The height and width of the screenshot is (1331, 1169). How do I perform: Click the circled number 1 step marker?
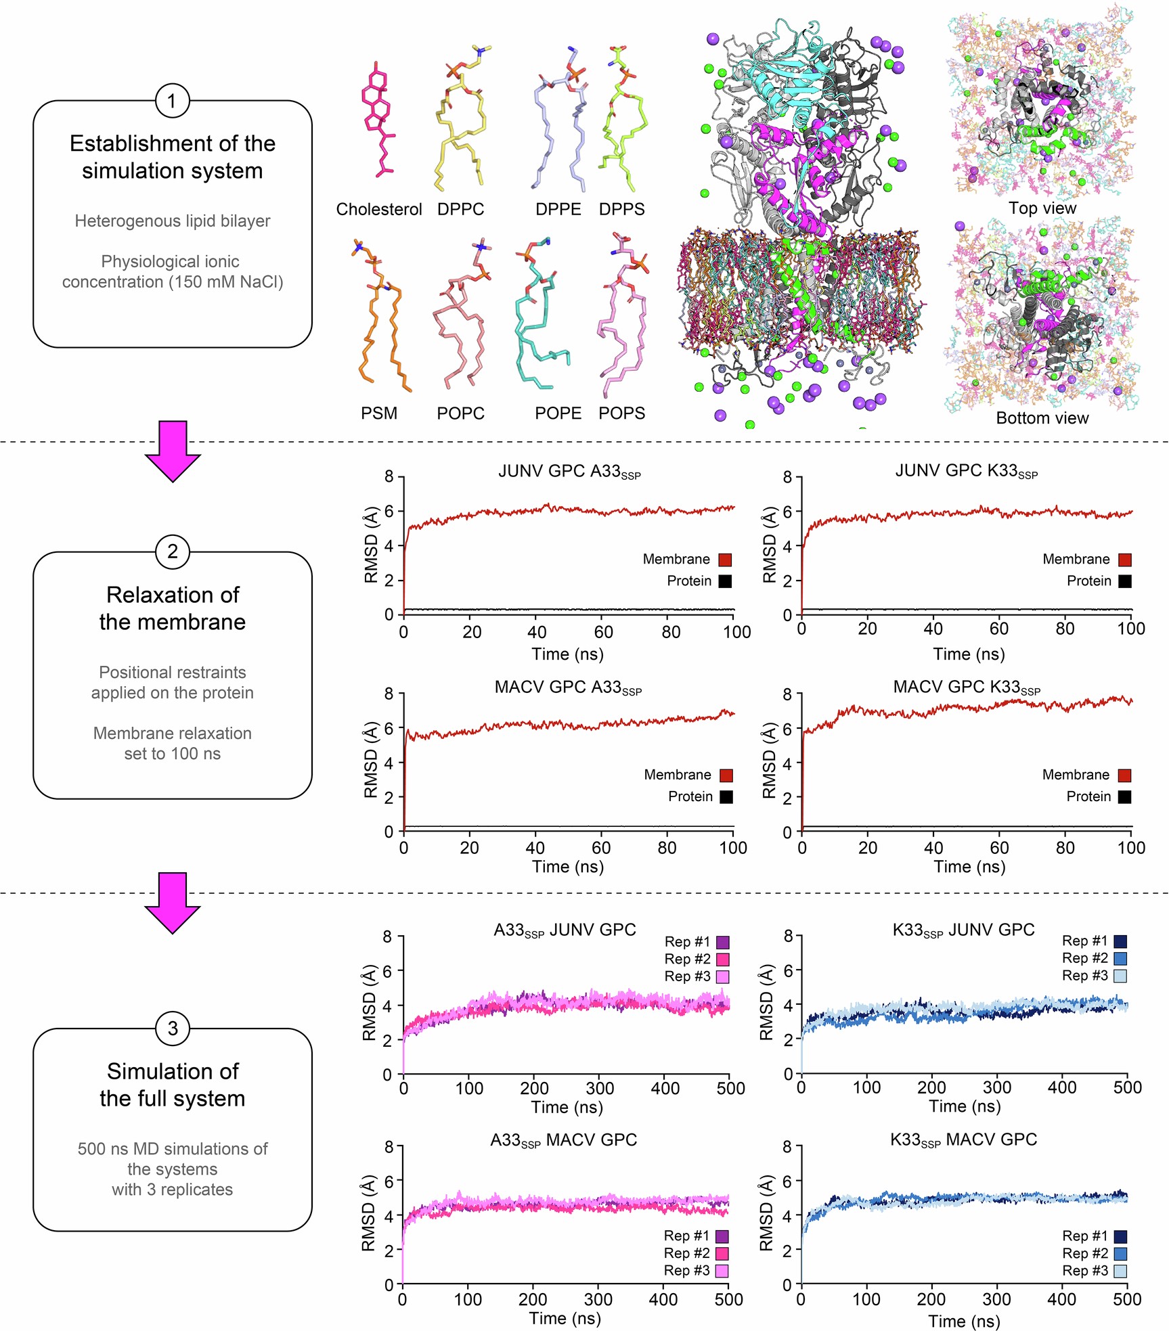pyautogui.click(x=172, y=101)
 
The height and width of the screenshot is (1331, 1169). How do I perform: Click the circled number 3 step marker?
pyautogui.click(x=172, y=1028)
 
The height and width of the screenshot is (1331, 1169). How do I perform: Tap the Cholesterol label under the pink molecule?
pyautogui.click(x=378, y=209)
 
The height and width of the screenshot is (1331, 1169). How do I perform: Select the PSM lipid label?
pyautogui.click(x=378, y=413)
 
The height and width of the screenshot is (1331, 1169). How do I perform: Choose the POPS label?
pyautogui.click(x=621, y=413)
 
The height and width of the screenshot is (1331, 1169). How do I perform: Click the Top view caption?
pyautogui.click(x=1042, y=208)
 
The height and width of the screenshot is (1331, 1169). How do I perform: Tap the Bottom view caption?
pyautogui.click(x=1042, y=418)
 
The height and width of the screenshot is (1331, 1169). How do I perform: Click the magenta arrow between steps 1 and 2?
pyautogui.click(x=173, y=451)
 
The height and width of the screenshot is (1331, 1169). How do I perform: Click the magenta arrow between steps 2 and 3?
pyautogui.click(x=173, y=902)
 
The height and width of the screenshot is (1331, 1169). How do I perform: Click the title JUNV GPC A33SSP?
pyautogui.click(x=569, y=471)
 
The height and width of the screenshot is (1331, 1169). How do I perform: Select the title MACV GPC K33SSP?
pyautogui.click(x=966, y=687)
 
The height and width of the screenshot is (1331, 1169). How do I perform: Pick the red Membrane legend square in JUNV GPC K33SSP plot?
pyautogui.click(x=1124, y=560)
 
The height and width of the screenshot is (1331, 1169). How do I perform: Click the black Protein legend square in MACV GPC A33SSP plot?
pyautogui.click(x=726, y=796)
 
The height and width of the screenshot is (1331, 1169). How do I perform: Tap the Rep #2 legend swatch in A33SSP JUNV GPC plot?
pyautogui.click(x=722, y=959)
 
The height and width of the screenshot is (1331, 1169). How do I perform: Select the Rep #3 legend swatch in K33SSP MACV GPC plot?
pyautogui.click(x=1120, y=1271)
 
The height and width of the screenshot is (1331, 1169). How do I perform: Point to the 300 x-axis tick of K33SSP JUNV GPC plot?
pyautogui.click(x=996, y=1087)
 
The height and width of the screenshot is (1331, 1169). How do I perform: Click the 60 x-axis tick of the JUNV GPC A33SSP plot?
pyautogui.click(x=603, y=631)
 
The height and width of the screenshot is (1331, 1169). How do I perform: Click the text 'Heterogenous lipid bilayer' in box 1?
pyautogui.click(x=172, y=221)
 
